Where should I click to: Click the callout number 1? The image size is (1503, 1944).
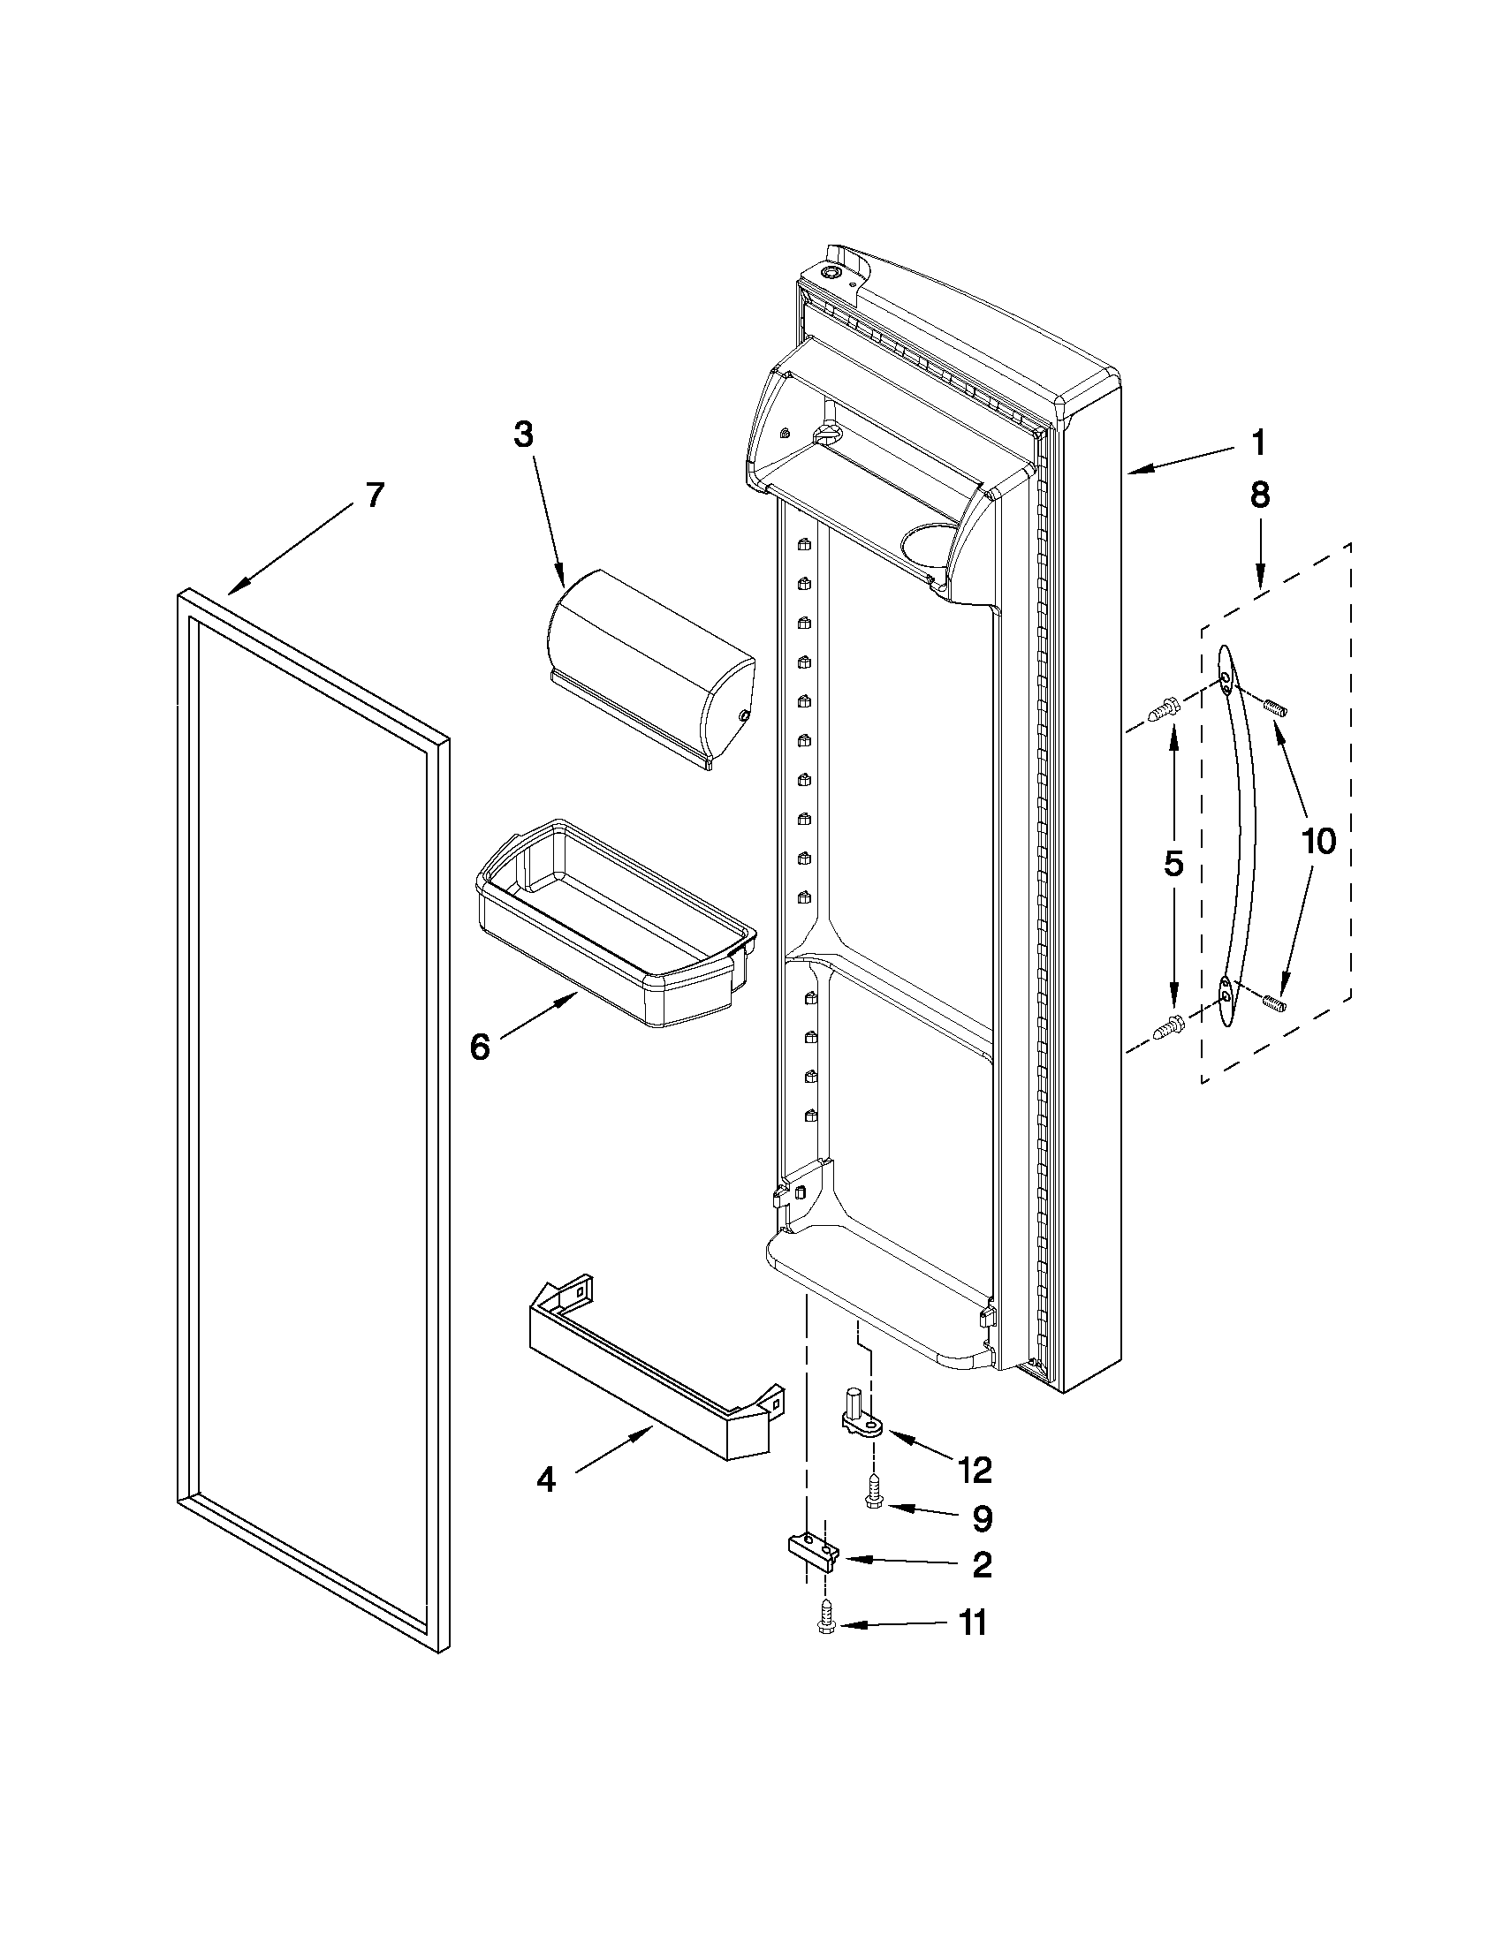click(1258, 443)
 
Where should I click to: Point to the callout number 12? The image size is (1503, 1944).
click(975, 1471)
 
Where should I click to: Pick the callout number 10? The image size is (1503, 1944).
click(1318, 840)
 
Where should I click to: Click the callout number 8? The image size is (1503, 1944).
click(1260, 495)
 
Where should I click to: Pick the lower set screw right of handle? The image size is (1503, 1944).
click(1275, 1002)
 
